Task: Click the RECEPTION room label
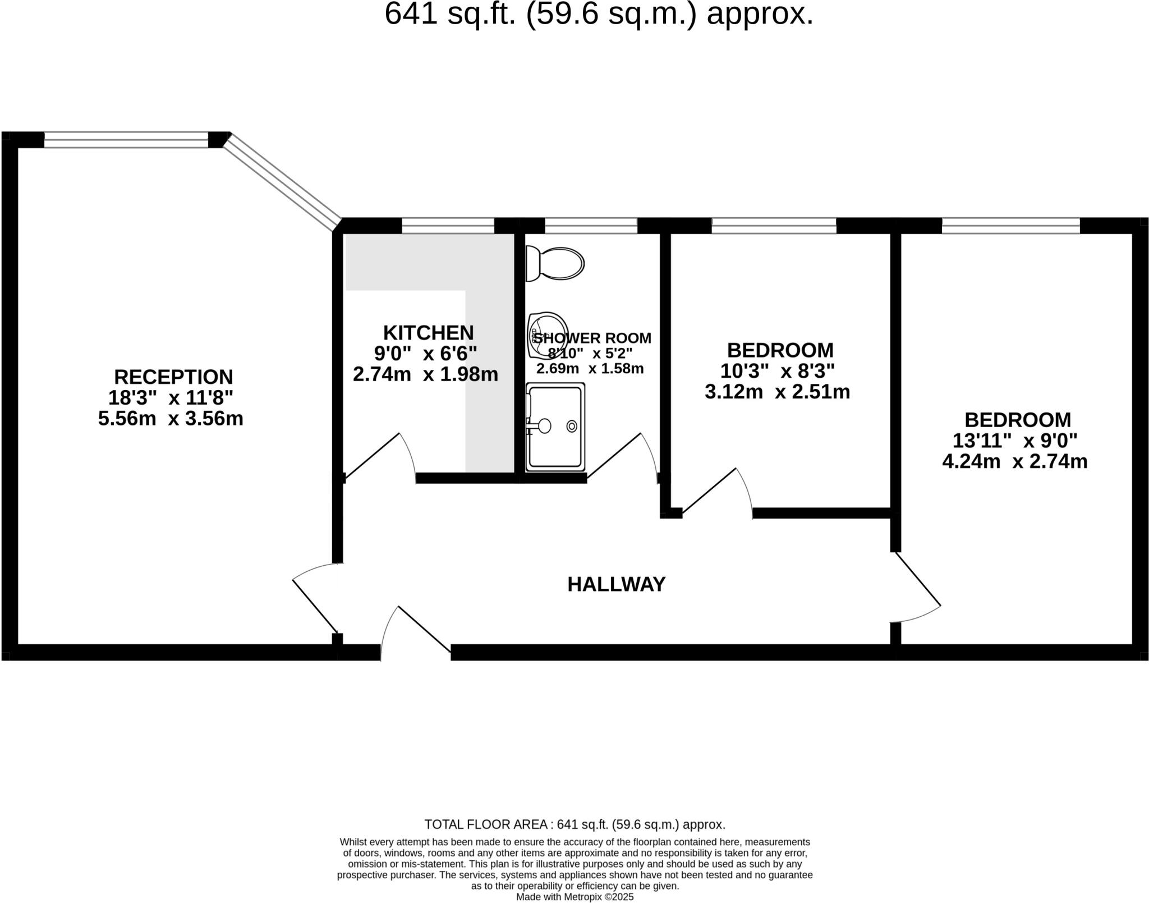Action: click(173, 377)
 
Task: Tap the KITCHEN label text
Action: click(428, 333)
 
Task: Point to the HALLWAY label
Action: click(616, 584)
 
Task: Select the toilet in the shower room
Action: click(555, 263)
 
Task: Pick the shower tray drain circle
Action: click(572, 426)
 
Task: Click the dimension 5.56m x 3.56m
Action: click(171, 419)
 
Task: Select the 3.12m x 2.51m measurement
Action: click(777, 392)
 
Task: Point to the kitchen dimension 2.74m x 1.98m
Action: click(425, 374)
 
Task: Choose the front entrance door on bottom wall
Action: click(416, 632)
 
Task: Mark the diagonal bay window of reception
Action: click(282, 181)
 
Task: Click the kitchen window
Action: click(448, 226)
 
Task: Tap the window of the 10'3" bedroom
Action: click(774, 226)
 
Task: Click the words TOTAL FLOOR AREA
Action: click(486, 824)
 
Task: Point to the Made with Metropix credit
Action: click(574, 897)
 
